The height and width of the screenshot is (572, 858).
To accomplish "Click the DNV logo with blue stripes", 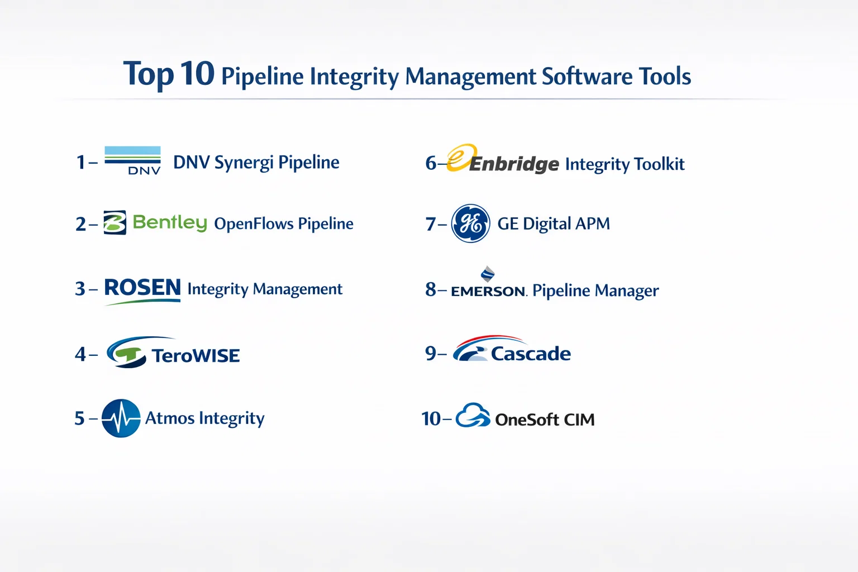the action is click(132, 160).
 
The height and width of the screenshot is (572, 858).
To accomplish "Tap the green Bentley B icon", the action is click(115, 222).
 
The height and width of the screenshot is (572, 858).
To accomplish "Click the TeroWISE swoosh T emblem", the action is click(126, 352).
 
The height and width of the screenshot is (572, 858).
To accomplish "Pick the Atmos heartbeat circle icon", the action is click(121, 418).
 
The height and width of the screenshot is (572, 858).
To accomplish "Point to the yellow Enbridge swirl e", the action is click(462, 157).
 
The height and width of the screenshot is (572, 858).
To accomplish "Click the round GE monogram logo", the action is click(471, 223).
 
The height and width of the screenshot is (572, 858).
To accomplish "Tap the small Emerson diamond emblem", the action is click(488, 274).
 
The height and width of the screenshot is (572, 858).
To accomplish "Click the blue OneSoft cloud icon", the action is click(473, 415).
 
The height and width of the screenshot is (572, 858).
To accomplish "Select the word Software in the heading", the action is click(587, 76).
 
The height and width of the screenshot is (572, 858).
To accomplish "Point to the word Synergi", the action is click(244, 163).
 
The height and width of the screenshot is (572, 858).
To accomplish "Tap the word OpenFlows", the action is click(254, 223).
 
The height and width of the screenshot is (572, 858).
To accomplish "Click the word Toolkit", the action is click(659, 164).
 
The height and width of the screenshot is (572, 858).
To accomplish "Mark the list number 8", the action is click(431, 289).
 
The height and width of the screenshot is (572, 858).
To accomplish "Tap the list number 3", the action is click(80, 288).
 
